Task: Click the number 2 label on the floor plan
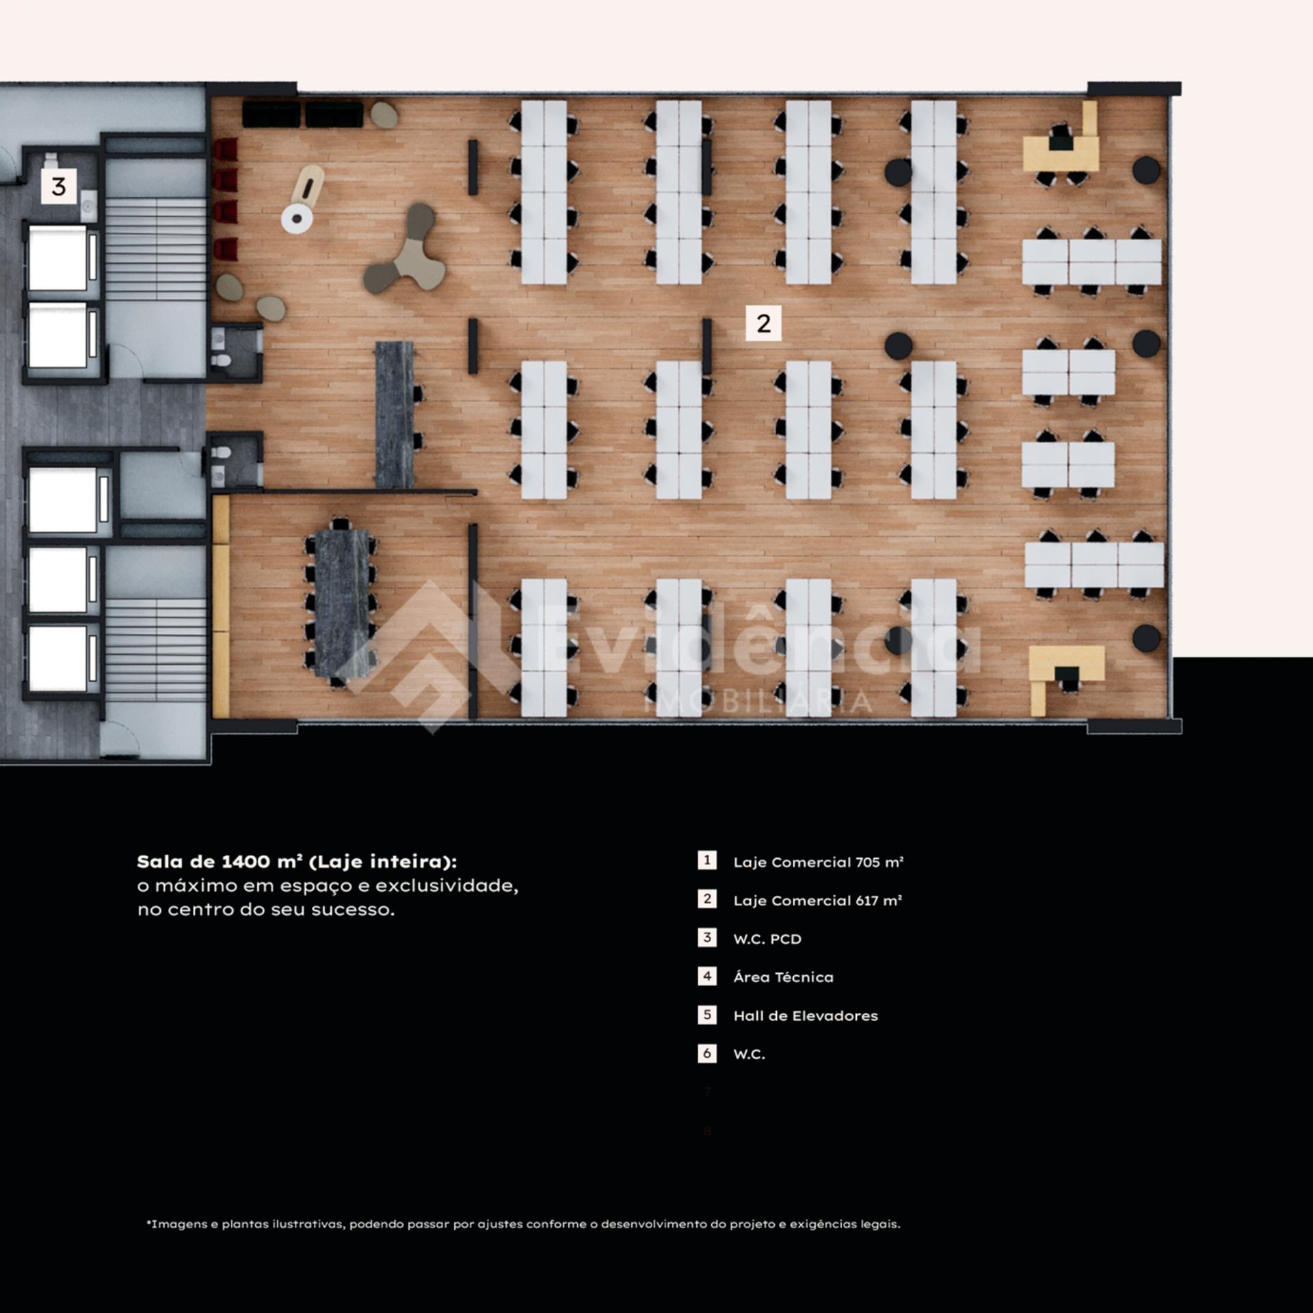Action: click(763, 323)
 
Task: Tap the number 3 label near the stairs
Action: click(59, 186)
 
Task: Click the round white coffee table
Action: click(297, 219)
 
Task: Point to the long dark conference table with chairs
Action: click(340, 603)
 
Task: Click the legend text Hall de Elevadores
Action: click(806, 1016)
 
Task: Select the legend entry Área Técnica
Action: click(784, 977)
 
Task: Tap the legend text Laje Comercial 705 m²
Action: click(819, 862)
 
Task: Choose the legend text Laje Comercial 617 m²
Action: click(818, 901)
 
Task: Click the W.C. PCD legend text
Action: click(767, 939)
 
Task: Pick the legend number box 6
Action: click(707, 1053)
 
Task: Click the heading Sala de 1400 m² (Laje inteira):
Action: click(297, 862)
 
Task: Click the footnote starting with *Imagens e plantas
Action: click(523, 1224)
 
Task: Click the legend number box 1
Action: click(707, 860)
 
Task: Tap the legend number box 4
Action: click(707, 976)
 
